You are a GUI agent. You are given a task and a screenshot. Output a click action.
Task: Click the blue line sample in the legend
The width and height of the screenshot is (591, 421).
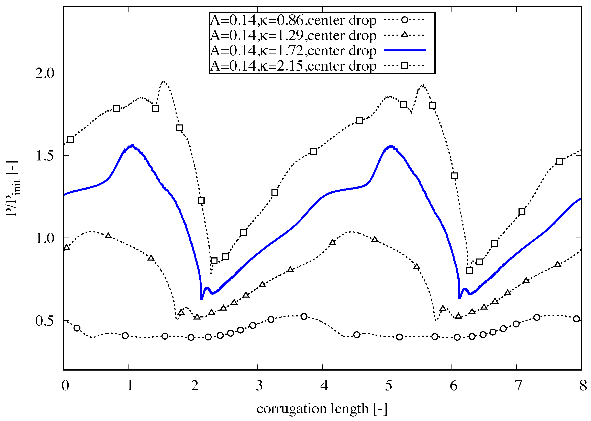click(405, 50)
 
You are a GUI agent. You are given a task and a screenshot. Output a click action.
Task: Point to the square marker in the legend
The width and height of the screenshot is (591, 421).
click(405, 65)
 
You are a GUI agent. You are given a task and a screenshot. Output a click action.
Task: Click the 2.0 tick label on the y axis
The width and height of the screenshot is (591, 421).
click(45, 73)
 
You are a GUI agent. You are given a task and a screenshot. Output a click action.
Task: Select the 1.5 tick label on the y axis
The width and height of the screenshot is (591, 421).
click(45, 156)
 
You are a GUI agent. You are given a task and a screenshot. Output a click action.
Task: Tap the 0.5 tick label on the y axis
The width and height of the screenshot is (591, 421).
click(45, 321)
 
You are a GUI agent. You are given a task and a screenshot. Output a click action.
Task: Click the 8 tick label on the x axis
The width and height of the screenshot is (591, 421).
click(583, 386)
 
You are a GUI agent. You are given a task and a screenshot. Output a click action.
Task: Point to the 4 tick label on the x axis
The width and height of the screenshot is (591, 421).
click(324, 386)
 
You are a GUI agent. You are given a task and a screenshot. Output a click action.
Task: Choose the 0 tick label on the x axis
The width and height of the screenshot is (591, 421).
click(65, 386)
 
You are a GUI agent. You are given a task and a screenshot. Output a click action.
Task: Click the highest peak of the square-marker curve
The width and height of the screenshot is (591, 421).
click(164, 81)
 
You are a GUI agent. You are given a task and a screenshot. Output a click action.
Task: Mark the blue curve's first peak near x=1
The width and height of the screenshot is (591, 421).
click(133, 145)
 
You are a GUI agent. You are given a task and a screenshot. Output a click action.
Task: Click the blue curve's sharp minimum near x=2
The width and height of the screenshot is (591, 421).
click(201, 299)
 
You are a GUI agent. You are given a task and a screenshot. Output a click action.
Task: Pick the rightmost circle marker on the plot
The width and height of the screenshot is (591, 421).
click(577, 319)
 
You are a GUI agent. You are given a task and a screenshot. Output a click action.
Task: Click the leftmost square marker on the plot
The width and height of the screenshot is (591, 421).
click(70, 140)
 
